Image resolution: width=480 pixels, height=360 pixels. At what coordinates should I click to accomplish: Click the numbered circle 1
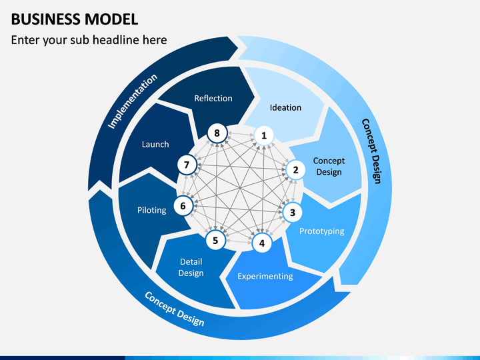click(264, 136)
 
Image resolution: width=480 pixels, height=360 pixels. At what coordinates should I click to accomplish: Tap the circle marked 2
click(295, 170)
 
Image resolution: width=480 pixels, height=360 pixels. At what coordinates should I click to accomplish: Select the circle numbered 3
click(292, 213)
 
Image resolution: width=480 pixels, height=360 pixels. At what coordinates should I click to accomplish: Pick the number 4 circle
click(262, 243)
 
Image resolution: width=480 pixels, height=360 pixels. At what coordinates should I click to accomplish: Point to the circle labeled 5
click(215, 241)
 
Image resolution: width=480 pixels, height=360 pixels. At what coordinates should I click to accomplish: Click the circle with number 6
click(183, 206)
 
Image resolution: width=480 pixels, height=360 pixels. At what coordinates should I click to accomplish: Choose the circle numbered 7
click(187, 165)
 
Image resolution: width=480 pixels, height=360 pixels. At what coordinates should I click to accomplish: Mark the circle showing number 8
click(217, 133)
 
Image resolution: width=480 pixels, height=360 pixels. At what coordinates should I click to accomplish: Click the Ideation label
click(285, 107)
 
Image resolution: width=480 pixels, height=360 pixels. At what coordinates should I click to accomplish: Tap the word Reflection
click(213, 98)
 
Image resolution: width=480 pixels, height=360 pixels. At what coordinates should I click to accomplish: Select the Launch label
click(155, 144)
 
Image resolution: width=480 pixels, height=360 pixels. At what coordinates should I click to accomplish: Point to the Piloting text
click(151, 210)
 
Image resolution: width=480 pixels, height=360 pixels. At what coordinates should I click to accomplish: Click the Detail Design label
click(191, 267)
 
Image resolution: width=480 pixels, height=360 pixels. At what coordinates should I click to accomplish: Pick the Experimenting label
click(265, 276)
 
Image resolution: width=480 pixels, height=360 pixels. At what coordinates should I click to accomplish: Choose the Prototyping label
click(321, 231)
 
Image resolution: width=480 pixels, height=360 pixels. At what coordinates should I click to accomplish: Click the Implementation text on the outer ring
click(133, 101)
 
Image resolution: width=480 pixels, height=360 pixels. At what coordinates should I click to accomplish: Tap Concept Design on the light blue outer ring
click(371, 151)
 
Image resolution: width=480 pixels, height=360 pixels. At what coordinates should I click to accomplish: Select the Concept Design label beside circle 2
click(329, 167)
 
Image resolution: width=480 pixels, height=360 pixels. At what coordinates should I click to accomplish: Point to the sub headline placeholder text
click(89, 41)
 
